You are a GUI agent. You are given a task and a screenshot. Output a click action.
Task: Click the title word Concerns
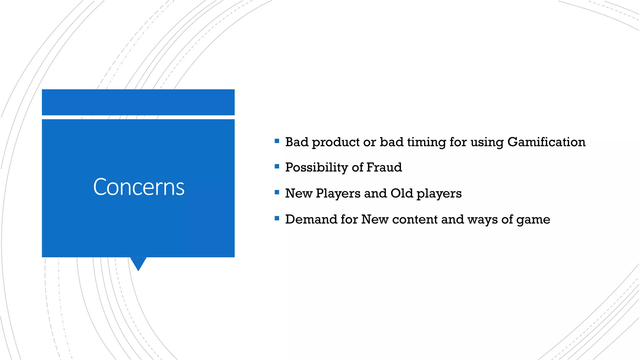click(139, 187)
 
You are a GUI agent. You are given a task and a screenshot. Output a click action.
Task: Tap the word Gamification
click(546, 142)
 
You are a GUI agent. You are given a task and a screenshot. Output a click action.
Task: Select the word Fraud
click(384, 167)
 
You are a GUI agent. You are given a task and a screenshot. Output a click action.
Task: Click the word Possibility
click(317, 168)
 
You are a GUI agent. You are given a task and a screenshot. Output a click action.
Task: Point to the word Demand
click(311, 219)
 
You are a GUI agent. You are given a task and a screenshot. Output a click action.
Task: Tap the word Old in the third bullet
click(402, 193)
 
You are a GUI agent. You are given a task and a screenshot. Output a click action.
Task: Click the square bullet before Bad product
click(277, 141)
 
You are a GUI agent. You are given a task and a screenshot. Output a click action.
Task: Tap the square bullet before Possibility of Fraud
click(277, 167)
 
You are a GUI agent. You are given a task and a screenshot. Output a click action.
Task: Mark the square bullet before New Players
click(277, 192)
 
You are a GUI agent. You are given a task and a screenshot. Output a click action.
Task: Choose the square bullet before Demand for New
click(277, 218)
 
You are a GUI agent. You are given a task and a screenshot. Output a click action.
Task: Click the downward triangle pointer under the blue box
click(138, 263)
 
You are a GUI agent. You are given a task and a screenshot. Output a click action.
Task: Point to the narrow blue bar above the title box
click(138, 102)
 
